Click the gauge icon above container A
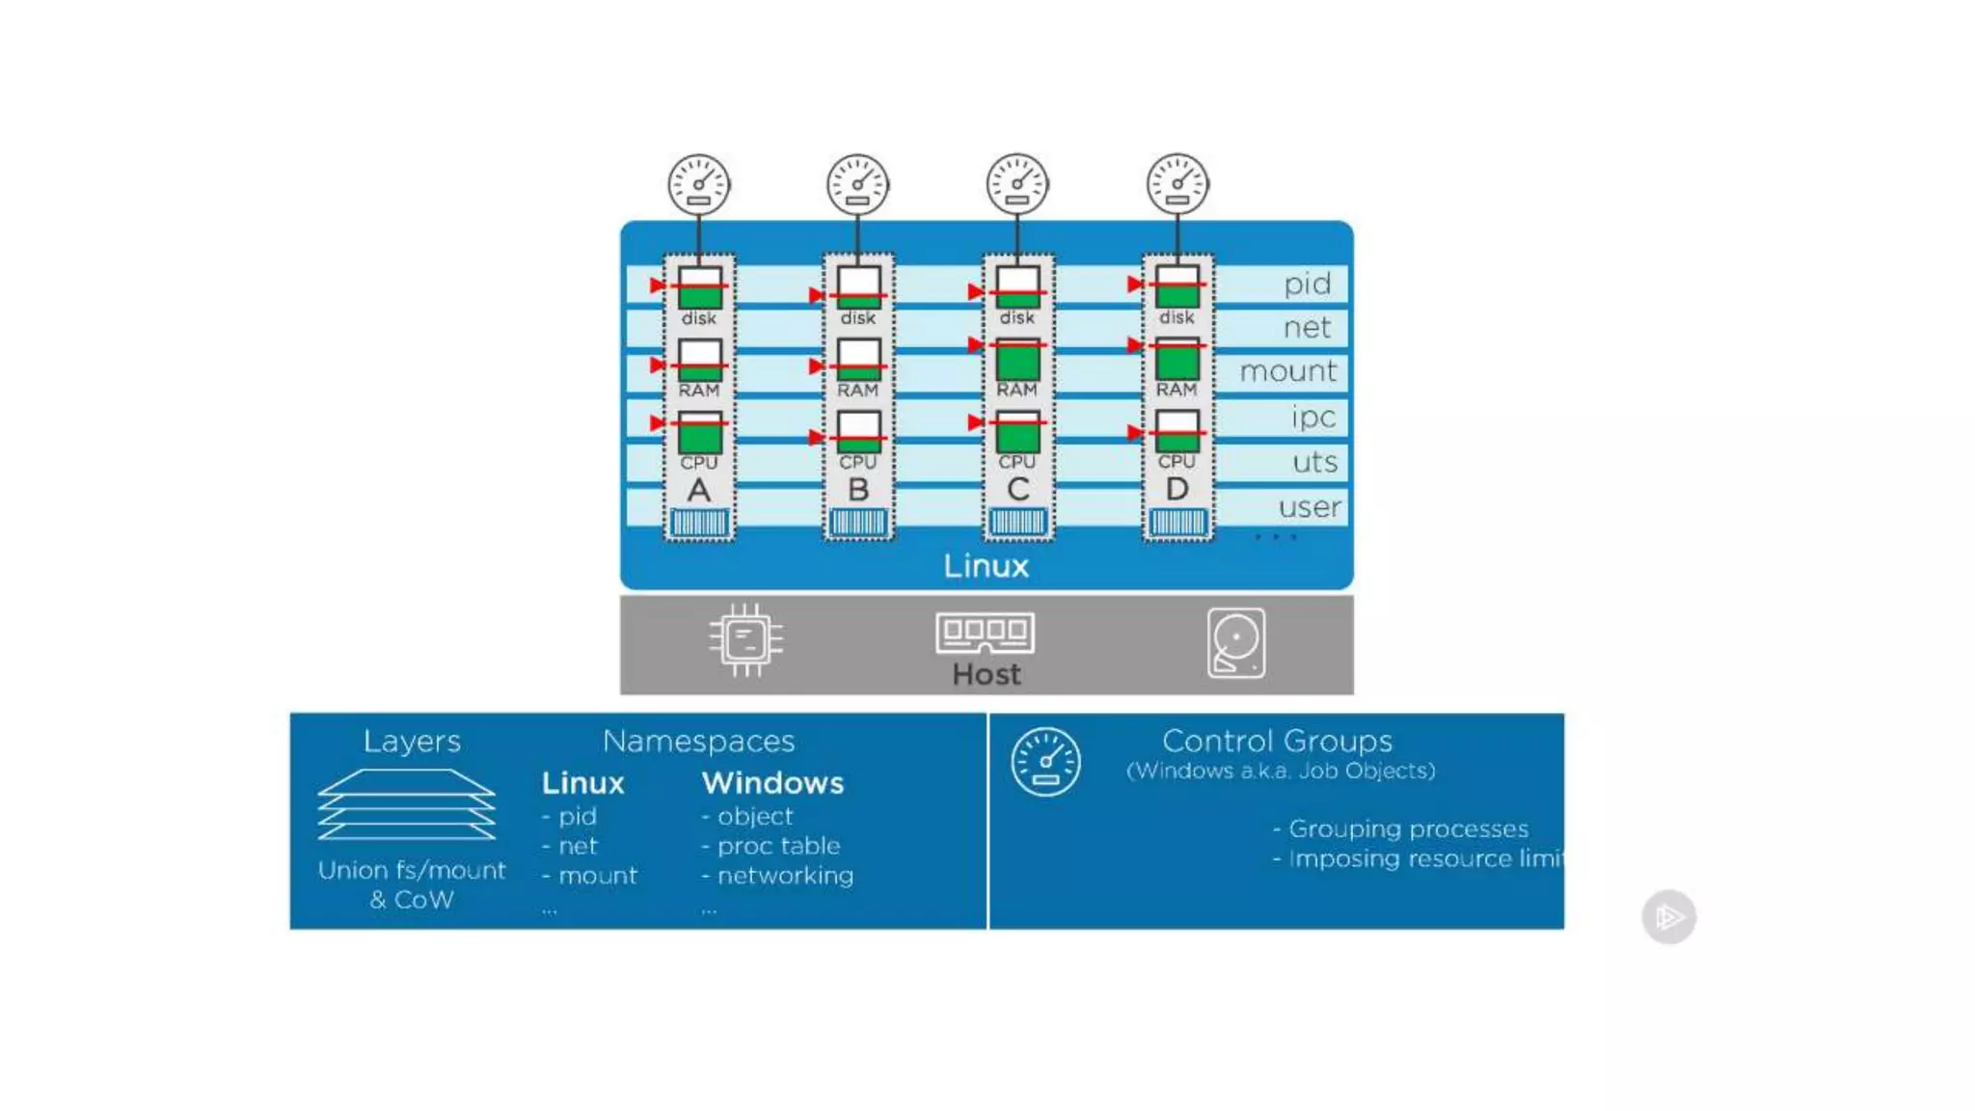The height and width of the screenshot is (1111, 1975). click(x=699, y=184)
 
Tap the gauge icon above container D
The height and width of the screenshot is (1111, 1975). click(x=1177, y=184)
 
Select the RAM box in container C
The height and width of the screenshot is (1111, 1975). click(x=1017, y=360)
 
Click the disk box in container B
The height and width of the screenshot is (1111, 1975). click(x=858, y=287)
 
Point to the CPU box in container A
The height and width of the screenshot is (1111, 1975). click(x=699, y=433)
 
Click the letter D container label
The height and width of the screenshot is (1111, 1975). click(x=1177, y=489)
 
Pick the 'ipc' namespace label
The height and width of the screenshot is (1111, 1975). click(x=1312, y=417)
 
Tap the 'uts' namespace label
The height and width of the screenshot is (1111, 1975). click(x=1314, y=462)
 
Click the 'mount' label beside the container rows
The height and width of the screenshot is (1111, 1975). click(x=1287, y=371)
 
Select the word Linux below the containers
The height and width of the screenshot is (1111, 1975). click(x=986, y=565)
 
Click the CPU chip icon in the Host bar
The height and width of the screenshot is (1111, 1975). click(x=745, y=639)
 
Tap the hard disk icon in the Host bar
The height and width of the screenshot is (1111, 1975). click(x=1235, y=642)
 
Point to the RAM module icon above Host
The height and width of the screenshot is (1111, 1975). click(x=985, y=633)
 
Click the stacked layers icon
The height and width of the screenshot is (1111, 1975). click(x=407, y=804)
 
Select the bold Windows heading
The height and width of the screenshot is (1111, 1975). click(x=772, y=783)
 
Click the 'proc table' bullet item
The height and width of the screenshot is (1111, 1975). click(x=778, y=846)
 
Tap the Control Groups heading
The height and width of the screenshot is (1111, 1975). click(x=1277, y=741)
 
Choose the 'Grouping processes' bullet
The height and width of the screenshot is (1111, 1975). click(x=1407, y=828)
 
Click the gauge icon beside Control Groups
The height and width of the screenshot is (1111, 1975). click(x=1045, y=762)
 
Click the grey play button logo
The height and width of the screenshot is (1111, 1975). click(x=1668, y=916)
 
